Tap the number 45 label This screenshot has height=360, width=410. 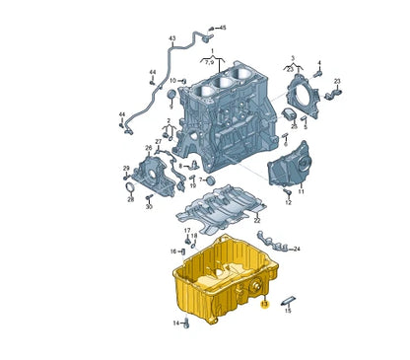click(x=223, y=28)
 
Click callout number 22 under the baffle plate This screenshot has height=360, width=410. click(x=257, y=221)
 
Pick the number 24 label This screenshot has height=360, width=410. click(x=297, y=249)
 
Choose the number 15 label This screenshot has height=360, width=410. click(x=288, y=311)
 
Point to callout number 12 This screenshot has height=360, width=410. click(x=288, y=204)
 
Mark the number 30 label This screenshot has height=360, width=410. click(x=149, y=208)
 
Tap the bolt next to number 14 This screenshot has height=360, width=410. click(x=187, y=322)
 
